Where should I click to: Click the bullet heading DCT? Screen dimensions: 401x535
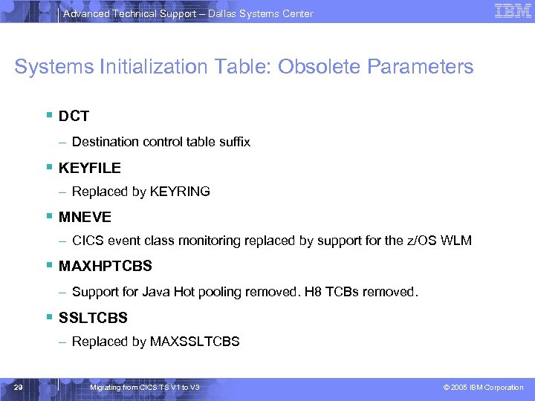(74, 117)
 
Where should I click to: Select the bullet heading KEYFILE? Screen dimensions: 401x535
(89, 168)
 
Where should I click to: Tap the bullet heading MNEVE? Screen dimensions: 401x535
(85, 217)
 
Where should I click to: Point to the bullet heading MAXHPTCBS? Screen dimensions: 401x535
(105, 266)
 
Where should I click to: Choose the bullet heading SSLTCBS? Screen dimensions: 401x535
(93, 317)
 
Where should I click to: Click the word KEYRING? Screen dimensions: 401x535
(180, 192)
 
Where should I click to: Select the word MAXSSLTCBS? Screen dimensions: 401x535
(195, 342)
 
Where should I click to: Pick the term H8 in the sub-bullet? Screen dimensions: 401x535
(313, 292)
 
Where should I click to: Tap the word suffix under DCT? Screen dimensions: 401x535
(233, 141)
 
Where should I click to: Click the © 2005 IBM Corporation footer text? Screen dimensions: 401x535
(483, 388)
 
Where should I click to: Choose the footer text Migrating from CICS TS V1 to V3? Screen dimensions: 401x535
(143, 388)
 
